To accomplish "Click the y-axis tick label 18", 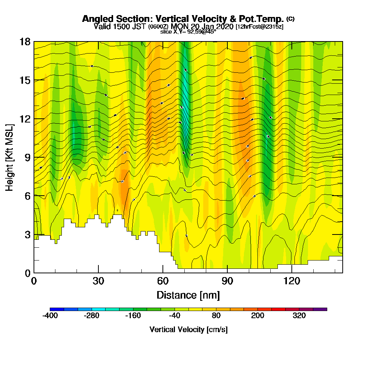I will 25,41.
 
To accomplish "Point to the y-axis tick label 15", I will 25,80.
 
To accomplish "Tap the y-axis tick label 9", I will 28,157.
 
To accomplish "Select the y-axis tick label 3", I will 28,234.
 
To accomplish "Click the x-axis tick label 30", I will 98,281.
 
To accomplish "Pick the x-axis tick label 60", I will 163,281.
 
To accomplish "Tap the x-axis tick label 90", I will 227,281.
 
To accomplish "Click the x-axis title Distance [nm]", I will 188,294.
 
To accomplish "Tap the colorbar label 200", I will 258,316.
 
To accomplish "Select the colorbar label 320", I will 299,316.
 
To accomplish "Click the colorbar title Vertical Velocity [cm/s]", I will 188,329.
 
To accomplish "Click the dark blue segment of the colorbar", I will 57,309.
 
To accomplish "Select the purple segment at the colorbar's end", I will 320,309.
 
